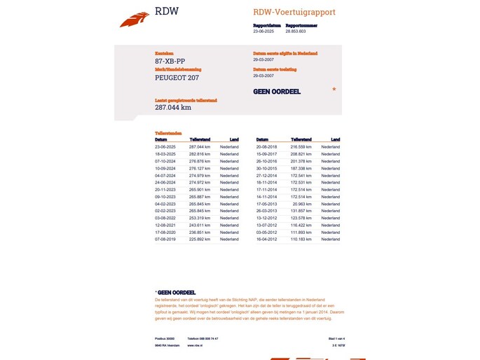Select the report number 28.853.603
295,32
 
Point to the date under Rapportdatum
264,32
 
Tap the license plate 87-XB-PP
170,62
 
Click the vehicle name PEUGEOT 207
177,78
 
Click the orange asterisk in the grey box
334,90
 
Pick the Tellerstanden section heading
168,132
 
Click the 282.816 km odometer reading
200,154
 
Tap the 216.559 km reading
301,147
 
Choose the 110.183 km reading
301,239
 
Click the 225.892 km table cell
200,239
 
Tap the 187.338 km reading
301,168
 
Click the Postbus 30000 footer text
166,338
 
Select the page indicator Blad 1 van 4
328,338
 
